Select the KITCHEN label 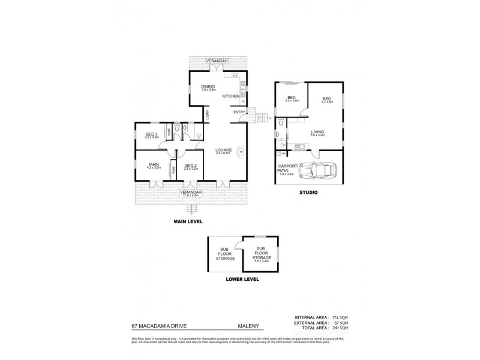(x=231, y=96)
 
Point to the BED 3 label (x=151, y=134)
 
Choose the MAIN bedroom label (x=154, y=164)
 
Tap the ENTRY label (x=239, y=112)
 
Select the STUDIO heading (x=308, y=193)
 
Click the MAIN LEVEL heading (x=188, y=222)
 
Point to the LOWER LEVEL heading (x=242, y=280)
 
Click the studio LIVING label (x=317, y=131)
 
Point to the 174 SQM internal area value (x=340, y=317)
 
